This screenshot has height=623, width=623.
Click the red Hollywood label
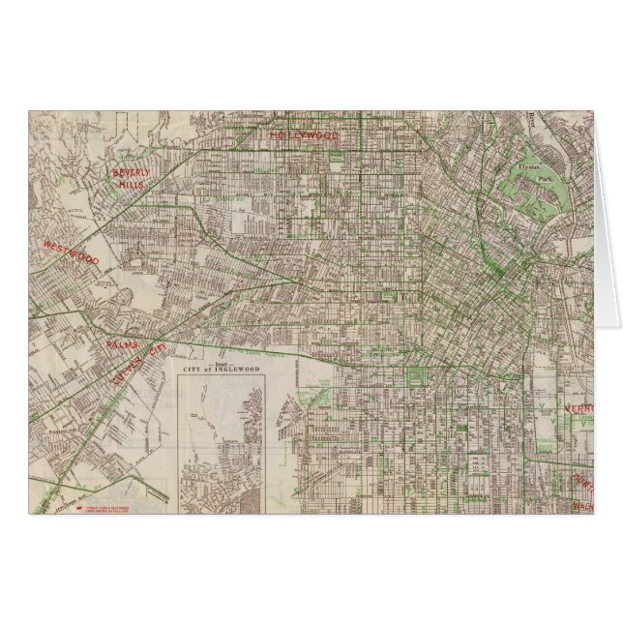[x=304, y=135]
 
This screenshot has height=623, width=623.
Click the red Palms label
[x=123, y=344]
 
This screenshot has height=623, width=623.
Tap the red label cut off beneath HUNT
[x=583, y=505]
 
